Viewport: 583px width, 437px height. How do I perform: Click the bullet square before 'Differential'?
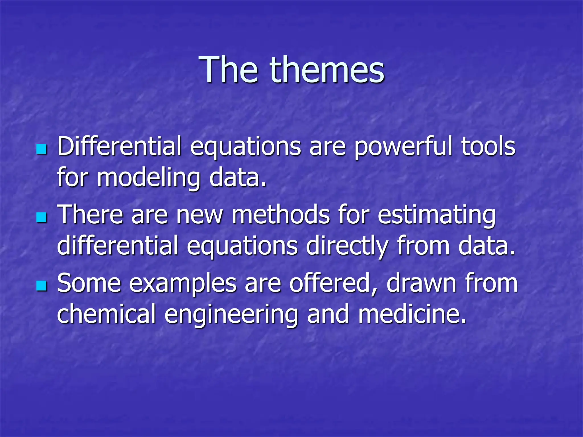[x=42, y=149]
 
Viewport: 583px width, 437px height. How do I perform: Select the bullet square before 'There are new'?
[x=42, y=217]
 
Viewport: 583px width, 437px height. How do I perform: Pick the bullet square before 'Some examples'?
[x=42, y=286]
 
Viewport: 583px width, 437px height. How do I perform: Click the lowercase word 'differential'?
[x=118, y=245]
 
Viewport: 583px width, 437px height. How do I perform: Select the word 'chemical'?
[x=106, y=314]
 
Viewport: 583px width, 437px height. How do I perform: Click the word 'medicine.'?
[x=412, y=314]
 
